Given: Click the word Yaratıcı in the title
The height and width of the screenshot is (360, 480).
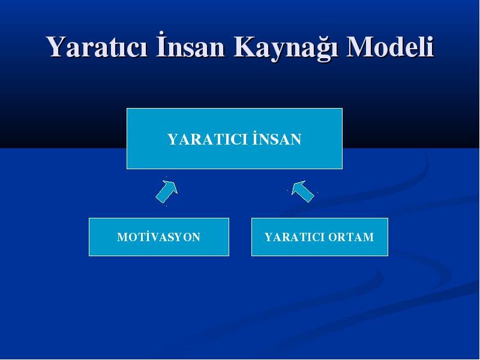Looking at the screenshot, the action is coord(97,47).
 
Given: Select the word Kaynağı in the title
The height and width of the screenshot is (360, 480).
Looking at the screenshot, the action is coord(286,48).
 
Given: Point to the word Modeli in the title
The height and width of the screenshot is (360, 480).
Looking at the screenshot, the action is coord(390,47).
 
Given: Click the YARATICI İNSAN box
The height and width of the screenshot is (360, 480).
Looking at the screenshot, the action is coord(235,139).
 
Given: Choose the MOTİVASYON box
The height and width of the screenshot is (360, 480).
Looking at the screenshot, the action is coord(159,237).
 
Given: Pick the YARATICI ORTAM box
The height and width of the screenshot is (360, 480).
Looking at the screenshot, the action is coord(320,237).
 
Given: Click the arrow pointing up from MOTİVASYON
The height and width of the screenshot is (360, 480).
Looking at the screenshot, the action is coord(167,191).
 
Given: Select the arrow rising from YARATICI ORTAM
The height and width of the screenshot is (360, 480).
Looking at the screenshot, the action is coord(303,191).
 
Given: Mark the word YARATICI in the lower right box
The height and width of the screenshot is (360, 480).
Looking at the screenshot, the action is coord(295,237).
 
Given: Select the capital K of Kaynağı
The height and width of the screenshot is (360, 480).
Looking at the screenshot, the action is coord(245,47).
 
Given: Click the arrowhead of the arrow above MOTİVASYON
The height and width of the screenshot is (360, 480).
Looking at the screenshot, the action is coord(172,186).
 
